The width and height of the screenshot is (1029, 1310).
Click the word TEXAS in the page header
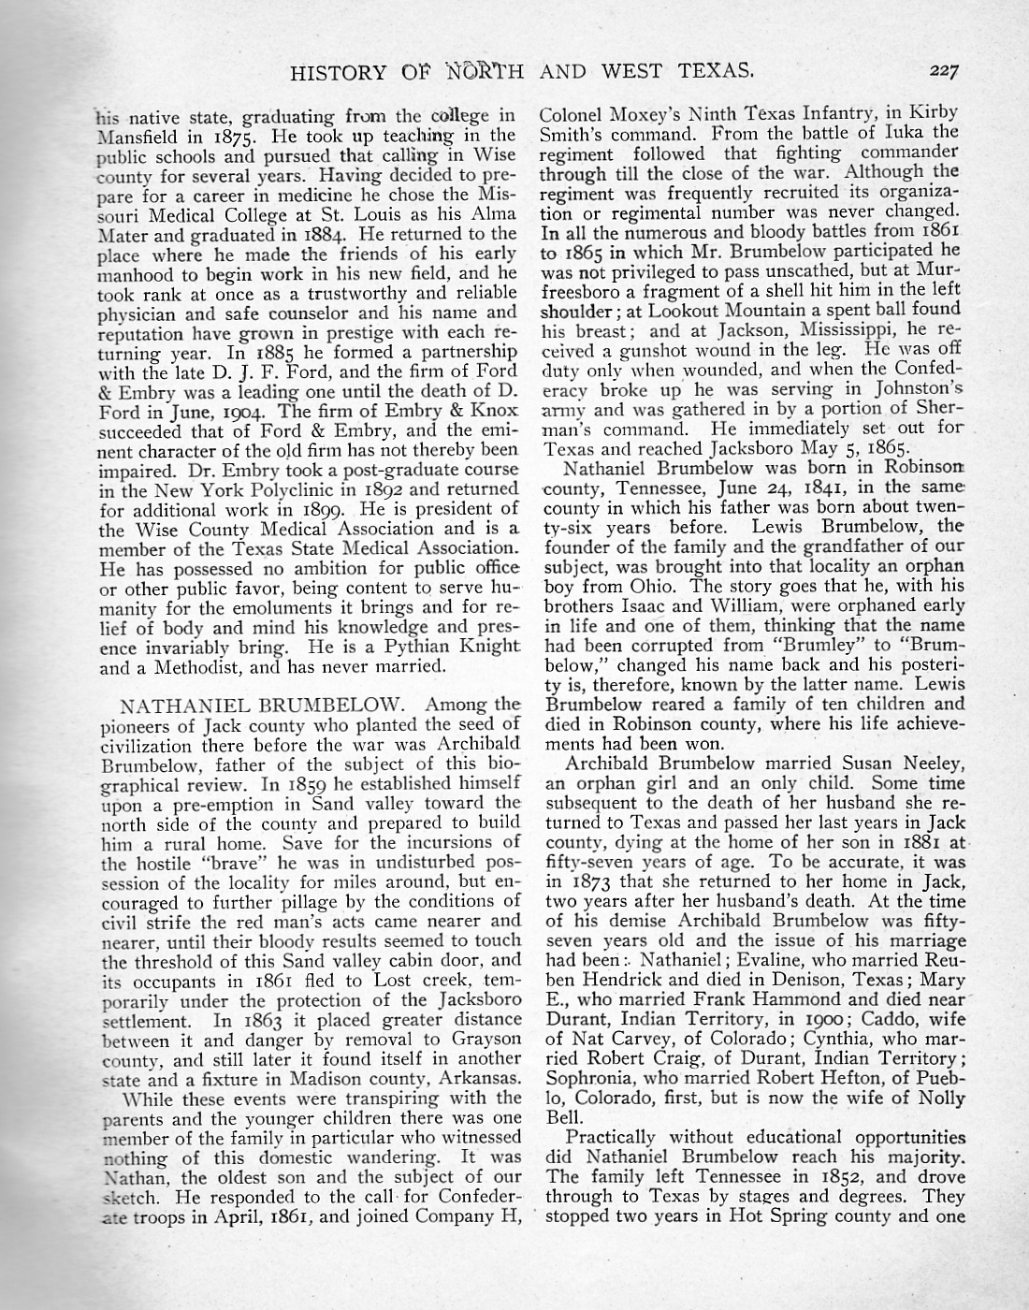(718, 70)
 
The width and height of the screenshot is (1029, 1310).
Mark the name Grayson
(484, 1039)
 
